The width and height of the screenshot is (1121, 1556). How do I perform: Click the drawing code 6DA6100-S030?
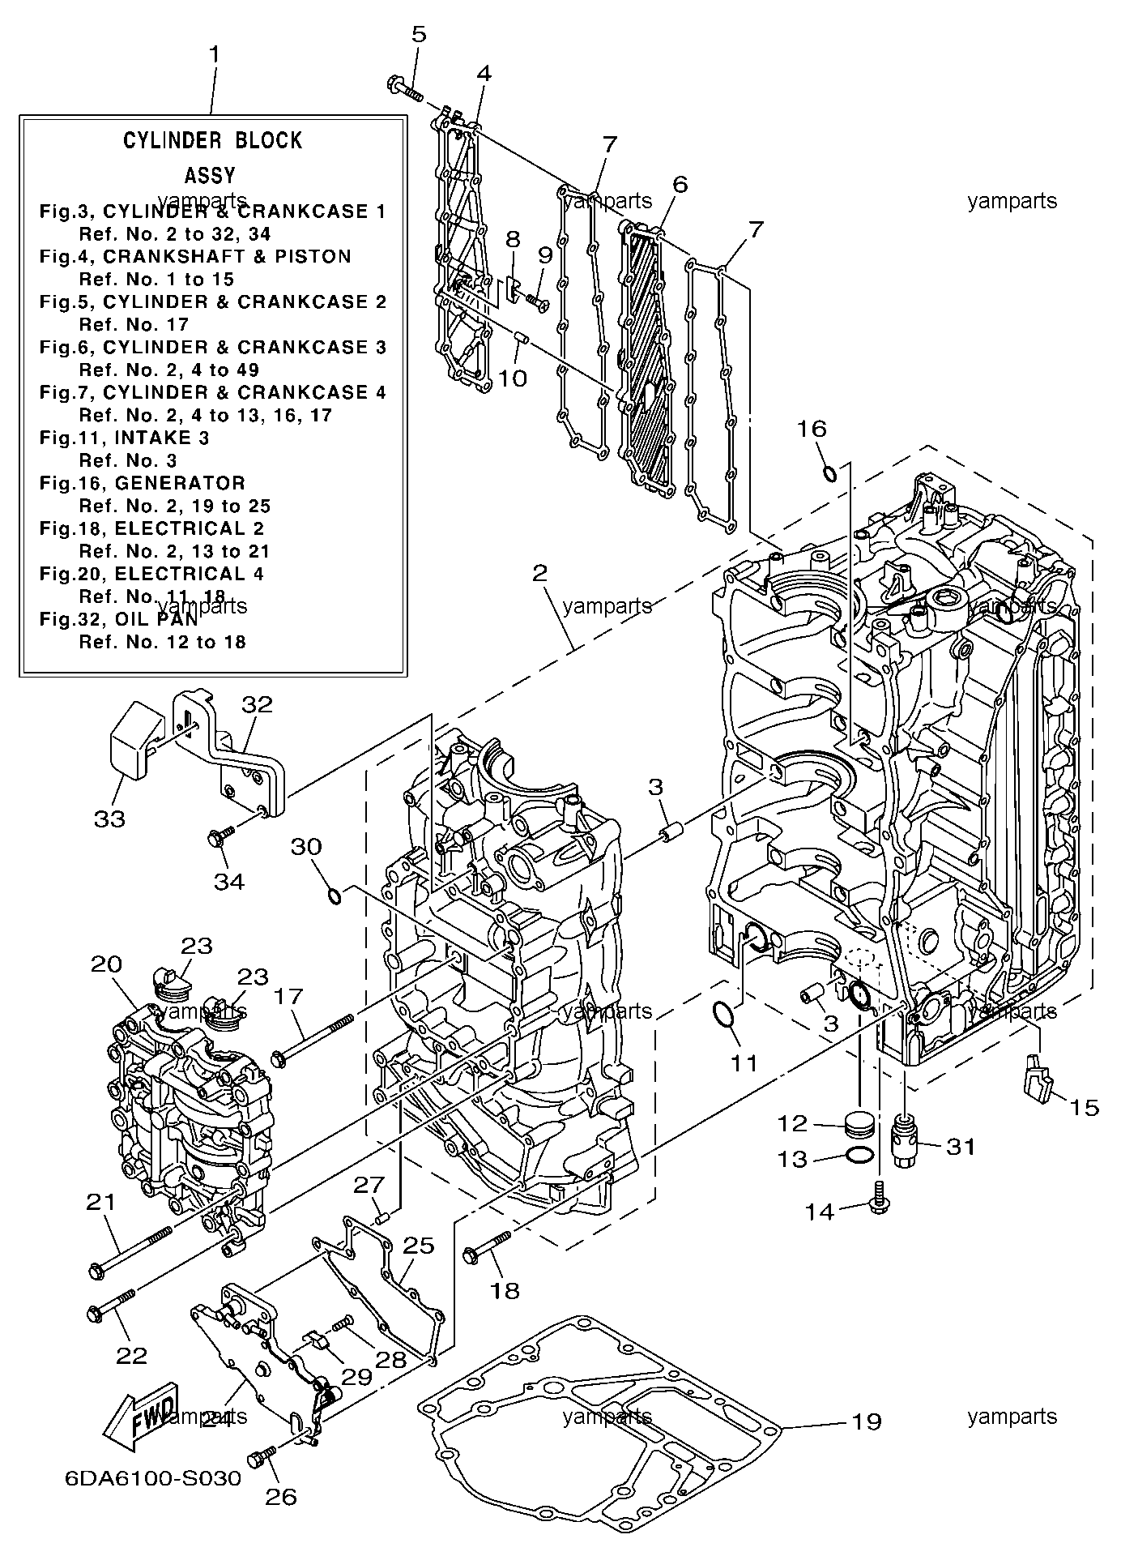153,1478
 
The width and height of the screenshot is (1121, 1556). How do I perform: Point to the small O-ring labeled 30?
332,895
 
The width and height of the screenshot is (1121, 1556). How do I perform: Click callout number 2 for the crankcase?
539,574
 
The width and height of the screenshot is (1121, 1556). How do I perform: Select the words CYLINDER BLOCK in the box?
212,140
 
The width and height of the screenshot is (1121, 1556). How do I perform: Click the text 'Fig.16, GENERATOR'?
143,483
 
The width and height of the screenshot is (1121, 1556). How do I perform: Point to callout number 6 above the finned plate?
680,184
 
